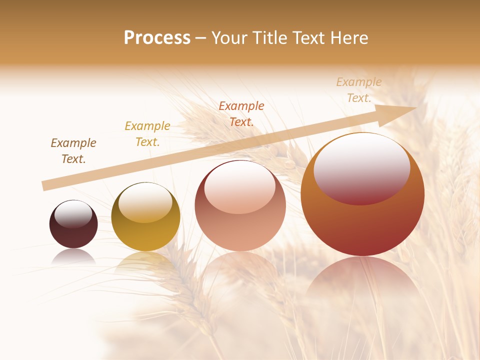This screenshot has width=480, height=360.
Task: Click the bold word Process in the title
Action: click(157, 38)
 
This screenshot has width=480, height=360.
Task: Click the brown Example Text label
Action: click(73, 151)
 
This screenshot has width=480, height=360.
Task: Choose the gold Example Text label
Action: click(147, 134)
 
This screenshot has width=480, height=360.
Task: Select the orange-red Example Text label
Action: click(241, 113)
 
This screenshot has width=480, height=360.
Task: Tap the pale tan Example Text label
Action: click(359, 90)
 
